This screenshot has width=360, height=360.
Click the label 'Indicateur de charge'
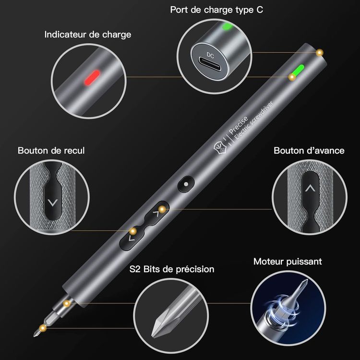click(x=88, y=35)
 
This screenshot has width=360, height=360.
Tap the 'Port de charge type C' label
click(x=216, y=10)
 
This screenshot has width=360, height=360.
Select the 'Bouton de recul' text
click(x=51, y=151)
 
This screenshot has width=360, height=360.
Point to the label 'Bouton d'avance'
click(x=309, y=151)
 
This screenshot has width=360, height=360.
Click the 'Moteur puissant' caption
click(x=288, y=262)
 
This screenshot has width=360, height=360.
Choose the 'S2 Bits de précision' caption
click(x=172, y=269)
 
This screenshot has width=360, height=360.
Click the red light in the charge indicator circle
click(x=92, y=78)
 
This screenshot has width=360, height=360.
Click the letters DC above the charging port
click(x=210, y=55)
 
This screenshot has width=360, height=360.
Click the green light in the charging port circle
click(x=228, y=26)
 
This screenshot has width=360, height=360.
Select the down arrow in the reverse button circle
click(x=53, y=203)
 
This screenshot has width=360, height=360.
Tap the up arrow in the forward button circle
click(x=310, y=189)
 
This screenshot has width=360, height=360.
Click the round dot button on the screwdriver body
click(x=186, y=184)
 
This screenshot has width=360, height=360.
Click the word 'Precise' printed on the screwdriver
click(x=239, y=125)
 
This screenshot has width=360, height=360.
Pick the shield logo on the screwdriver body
click(x=220, y=148)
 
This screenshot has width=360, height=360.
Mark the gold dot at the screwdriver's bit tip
click(x=42, y=328)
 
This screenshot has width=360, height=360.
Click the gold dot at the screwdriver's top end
click(x=319, y=53)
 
